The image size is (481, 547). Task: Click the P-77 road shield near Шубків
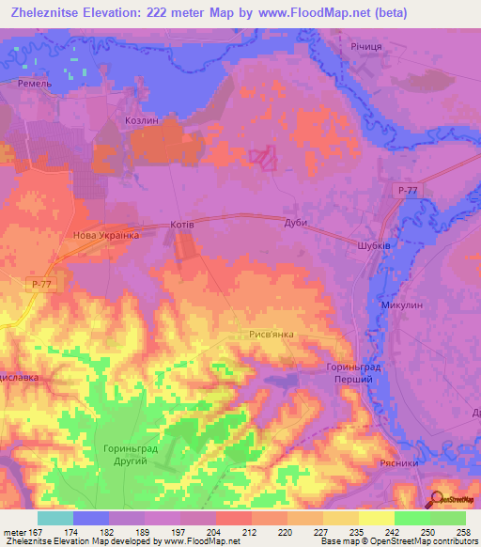pyautogui.click(x=407, y=191)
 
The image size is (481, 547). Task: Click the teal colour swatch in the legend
pyautogui.click(x=55, y=518)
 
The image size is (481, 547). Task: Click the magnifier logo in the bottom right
pyautogui.click(x=436, y=499)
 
